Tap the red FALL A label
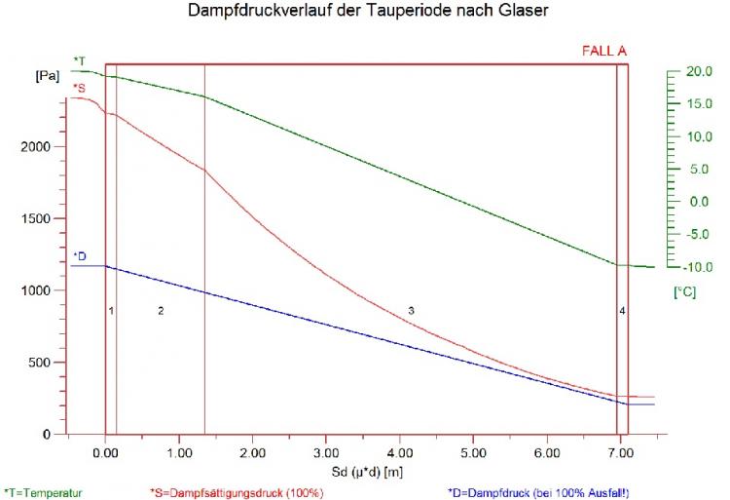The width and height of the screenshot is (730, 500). [x=603, y=51]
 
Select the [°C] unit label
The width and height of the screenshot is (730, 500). [x=684, y=291]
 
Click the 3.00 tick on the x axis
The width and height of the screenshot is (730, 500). [x=326, y=452]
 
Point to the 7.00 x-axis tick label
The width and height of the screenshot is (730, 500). [x=621, y=452]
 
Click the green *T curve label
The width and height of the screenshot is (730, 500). [x=80, y=60]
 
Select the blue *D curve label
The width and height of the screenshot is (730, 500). [x=81, y=256]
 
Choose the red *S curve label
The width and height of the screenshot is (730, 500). [x=80, y=87]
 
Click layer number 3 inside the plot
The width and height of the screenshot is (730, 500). [x=412, y=310]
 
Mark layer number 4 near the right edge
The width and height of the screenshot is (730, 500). [x=622, y=310]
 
